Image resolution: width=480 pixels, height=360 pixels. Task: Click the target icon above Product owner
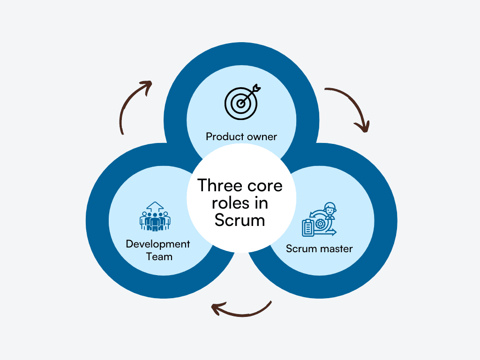point(240,103)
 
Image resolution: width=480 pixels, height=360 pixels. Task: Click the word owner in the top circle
point(262,137)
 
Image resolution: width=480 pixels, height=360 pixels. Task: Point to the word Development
point(158,244)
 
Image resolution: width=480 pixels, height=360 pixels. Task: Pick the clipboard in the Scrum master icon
point(308,227)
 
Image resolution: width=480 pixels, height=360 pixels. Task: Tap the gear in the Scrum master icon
point(321,224)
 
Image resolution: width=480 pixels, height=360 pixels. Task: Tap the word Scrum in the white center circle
point(240,220)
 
